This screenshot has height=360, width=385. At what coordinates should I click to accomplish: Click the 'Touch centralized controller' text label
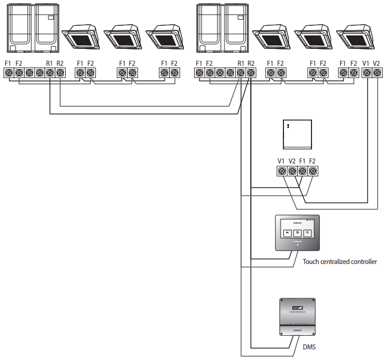340,261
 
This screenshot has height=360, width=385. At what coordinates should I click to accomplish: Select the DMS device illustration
297,318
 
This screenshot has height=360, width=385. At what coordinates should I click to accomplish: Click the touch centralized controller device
297,233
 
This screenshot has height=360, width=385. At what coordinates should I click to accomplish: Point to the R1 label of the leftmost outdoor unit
49,63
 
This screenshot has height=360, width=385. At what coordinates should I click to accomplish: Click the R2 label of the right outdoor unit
251,63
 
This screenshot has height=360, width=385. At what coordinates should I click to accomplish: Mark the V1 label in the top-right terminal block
366,63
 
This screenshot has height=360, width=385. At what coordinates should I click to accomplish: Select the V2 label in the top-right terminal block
377,63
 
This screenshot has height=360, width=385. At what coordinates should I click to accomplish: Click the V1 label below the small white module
281,161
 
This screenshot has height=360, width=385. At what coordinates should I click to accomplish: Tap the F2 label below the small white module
313,161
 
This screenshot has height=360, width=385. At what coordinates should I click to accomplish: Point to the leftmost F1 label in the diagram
8,63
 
